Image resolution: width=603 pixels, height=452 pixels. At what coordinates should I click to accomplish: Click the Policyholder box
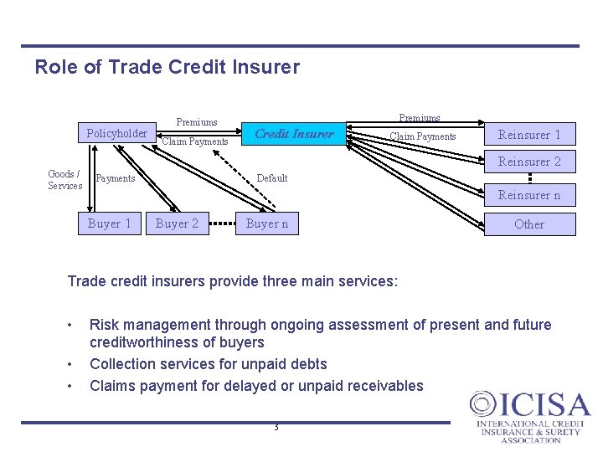coord(116,133)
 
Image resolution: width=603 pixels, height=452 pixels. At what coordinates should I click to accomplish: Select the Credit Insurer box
coord(293,134)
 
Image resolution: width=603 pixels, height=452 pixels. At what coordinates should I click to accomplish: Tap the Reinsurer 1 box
coord(529,135)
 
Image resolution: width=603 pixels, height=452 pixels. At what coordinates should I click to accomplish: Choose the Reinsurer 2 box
coord(529,162)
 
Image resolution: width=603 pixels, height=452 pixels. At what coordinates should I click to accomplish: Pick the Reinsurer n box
coord(529,195)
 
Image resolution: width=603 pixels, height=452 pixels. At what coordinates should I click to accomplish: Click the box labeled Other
coord(529,224)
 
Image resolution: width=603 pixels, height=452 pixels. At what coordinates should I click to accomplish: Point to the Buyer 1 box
coord(110,223)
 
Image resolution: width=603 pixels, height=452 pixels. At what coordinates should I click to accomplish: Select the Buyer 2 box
coord(177,223)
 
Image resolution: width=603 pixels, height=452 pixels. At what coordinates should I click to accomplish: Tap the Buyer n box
coord(267,223)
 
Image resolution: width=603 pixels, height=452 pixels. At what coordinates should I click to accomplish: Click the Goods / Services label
coord(64,180)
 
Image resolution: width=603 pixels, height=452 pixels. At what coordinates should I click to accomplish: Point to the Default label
coord(271,178)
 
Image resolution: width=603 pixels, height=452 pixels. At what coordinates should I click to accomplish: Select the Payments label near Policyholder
coord(116,178)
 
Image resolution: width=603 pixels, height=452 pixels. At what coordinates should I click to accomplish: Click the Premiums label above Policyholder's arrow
coord(197,122)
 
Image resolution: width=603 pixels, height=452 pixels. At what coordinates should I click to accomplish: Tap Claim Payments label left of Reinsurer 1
coord(423,136)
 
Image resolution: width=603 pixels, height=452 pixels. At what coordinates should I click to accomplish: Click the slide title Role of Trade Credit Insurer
coord(167,67)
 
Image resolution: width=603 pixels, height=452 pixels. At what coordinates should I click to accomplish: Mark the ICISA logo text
coord(530,407)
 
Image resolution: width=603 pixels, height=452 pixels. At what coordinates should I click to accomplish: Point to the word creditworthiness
coord(177,342)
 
